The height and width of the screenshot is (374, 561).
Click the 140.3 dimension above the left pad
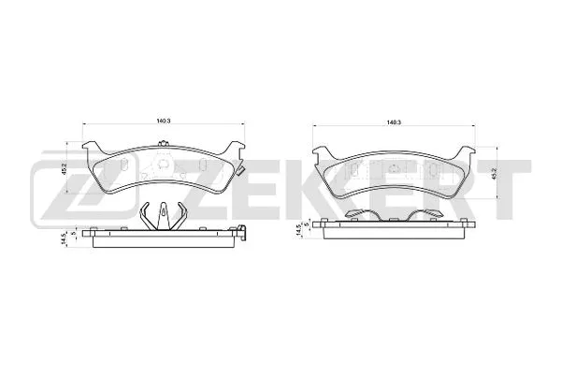coord(164,120)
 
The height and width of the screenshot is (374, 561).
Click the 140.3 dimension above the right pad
coord(394,122)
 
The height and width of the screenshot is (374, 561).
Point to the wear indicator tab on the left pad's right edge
coord(240,172)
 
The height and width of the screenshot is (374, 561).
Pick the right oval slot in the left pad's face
coord(203,166)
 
